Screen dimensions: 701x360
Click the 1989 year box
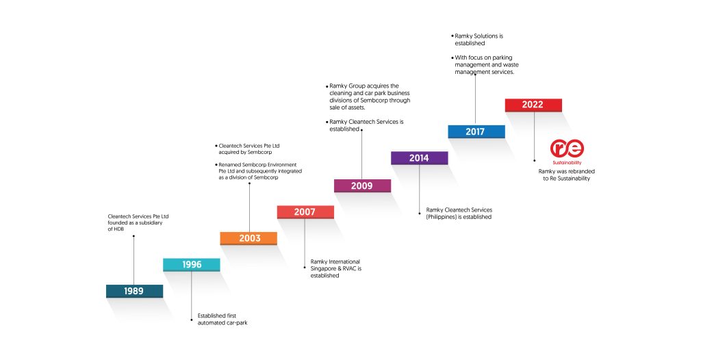tap(134, 291)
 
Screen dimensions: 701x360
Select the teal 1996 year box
tap(192, 265)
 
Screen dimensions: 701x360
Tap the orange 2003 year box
tap(248, 238)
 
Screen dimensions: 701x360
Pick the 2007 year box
tap(305, 212)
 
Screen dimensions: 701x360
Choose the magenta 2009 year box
tap(363, 185)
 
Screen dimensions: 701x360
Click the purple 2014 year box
tap(420, 158)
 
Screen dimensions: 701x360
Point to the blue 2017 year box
tap(476, 131)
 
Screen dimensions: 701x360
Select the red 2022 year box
tap(533, 105)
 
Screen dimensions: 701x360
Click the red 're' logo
tap(567, 149)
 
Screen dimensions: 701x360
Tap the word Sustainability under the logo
tap(567, 163)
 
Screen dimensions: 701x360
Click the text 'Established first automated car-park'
tap(222, 320)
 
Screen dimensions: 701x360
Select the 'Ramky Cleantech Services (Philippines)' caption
tap(459, 214)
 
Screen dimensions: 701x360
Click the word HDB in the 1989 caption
tap(116, 229)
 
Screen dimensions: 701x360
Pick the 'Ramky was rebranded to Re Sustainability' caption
tap(566, 175)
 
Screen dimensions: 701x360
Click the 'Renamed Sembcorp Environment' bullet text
tap(259, 171)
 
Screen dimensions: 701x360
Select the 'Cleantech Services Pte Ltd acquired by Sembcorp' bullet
tap(248, 149)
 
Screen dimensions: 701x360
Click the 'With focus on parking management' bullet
tap(485, 65)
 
